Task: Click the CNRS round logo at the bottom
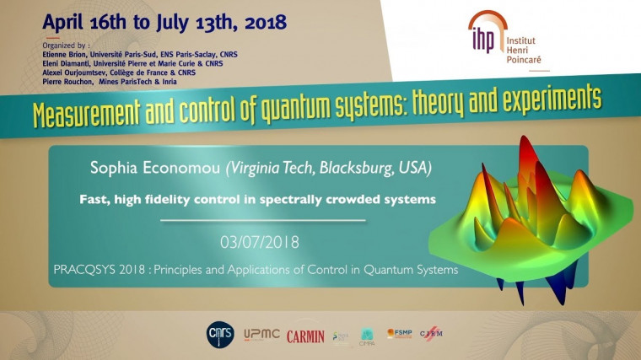(x=217, y=335)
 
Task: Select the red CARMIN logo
(x=304, y=336)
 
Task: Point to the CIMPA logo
(x=368, y=336)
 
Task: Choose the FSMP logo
(x=399, y=334)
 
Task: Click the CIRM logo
(x=430, y=335)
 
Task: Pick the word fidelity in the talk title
(x=173, y=200)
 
